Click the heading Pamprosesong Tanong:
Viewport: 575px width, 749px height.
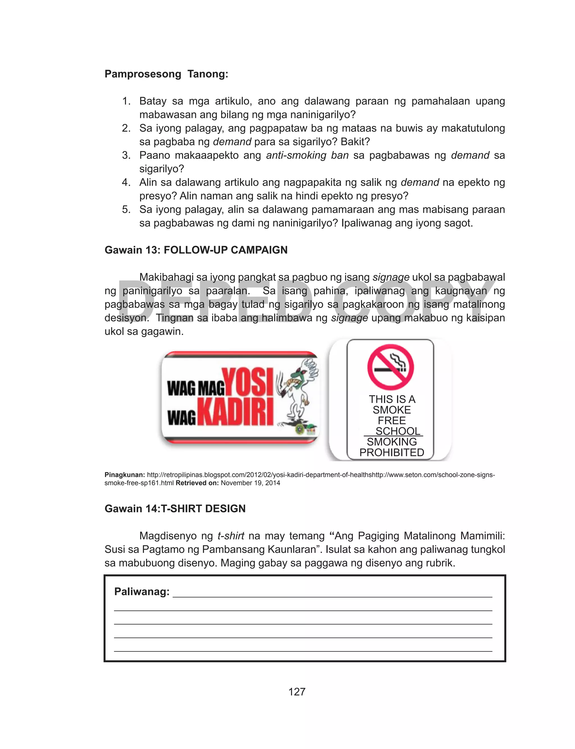pyautogui.click(x=166, y=74)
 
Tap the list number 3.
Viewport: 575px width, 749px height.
pyautogui.click(x=126, y=155)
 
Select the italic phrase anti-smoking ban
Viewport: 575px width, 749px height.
pyautogui.click(x=307, y=155)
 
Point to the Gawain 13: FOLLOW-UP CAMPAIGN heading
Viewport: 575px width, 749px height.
pyautogui.click(x=196, y=250)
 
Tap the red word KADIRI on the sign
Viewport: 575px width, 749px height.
pyautogui.click(x=236, y=411)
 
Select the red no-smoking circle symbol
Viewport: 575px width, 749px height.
pyautogui.click(x=391, y=367)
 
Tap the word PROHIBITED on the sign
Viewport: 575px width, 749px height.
pyautogui.click(x=392, y=452)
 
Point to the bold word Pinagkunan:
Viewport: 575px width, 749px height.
pyautogui.click(x=125, y=475)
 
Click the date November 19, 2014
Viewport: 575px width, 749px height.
pyautogui.click(x=250, y=483)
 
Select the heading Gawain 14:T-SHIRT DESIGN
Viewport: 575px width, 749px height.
pyautogui.click(x=175, y=509)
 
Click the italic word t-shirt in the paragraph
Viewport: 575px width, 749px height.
pyautogui.click(x=231, y=536)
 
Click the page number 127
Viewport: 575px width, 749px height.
pyautogui.click(x=297, y=691)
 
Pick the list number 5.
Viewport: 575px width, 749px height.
pyautogui.click(x=126, y=209)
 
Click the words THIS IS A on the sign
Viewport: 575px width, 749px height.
pyautogui.click(x=392, y=399)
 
